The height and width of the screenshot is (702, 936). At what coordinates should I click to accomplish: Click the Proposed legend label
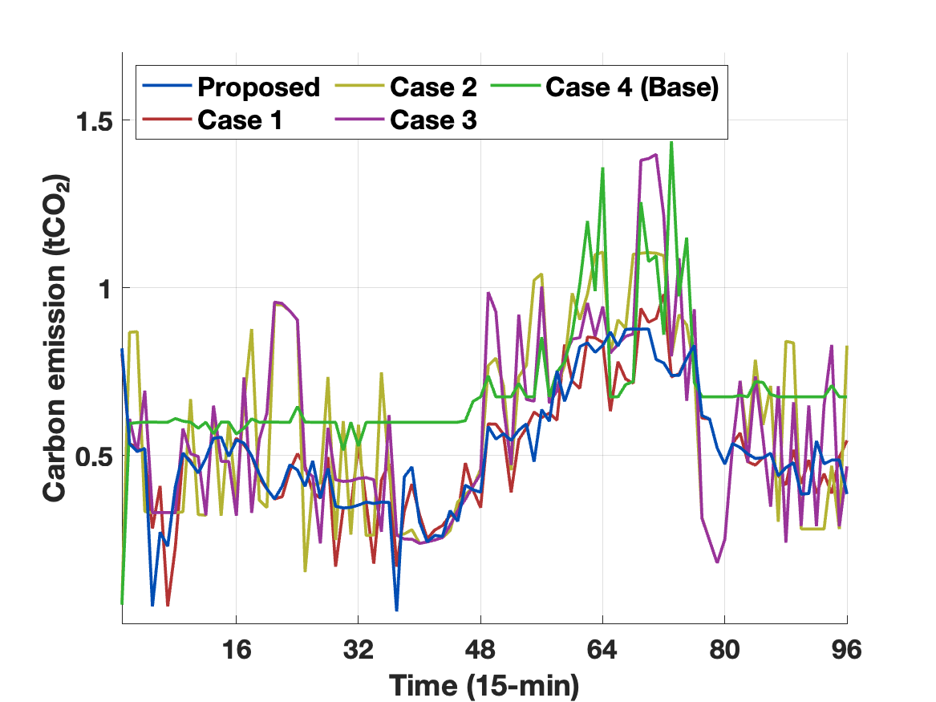258,87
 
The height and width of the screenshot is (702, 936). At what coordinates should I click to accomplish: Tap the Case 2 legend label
434,87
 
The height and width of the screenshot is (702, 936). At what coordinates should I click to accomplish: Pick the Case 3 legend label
434,120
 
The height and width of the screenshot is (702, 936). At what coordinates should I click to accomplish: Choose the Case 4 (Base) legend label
631,87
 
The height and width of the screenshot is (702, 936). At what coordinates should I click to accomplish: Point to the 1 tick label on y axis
102,288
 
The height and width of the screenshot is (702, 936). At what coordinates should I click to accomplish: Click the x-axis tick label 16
236,650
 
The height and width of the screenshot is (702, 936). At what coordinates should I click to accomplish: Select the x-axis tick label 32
358,650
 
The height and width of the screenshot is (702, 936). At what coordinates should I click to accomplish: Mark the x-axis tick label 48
480,650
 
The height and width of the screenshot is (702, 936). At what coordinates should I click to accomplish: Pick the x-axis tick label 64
602,650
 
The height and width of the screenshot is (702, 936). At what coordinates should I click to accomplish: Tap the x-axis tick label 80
724,650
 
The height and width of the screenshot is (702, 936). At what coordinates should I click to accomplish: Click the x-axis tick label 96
846,650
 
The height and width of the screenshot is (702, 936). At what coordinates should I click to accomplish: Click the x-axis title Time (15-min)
484,684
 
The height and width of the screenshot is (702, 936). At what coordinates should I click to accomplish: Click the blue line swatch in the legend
167,87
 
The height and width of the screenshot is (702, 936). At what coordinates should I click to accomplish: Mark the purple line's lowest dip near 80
716,562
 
